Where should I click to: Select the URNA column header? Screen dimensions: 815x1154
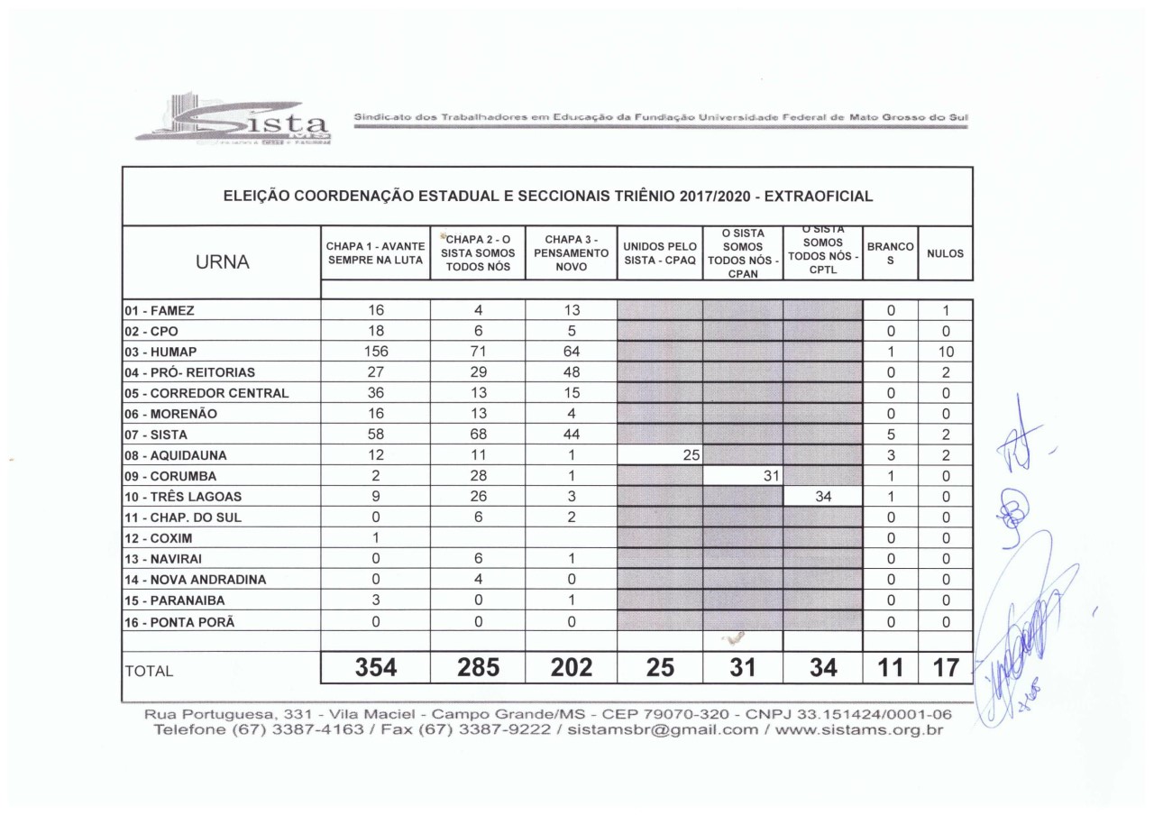click(221, 261)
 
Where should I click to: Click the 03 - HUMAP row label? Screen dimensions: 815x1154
click(158, 351)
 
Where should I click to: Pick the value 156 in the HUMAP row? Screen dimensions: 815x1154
click(376, 351)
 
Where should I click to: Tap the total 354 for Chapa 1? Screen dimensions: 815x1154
click(376, 668)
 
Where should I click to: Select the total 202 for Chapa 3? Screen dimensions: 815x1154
click(571, 668)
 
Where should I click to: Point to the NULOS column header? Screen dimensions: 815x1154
click(944, 254)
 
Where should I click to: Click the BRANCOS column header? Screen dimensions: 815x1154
click(890, 253)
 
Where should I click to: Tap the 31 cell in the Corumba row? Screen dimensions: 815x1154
click(770, 475)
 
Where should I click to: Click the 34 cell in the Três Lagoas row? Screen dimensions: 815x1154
click(822, 496)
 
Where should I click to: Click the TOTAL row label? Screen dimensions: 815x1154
click(150, 672)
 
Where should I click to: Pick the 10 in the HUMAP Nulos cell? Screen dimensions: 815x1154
click(944, 351)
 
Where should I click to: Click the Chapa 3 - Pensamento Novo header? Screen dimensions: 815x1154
click(571, 253)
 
